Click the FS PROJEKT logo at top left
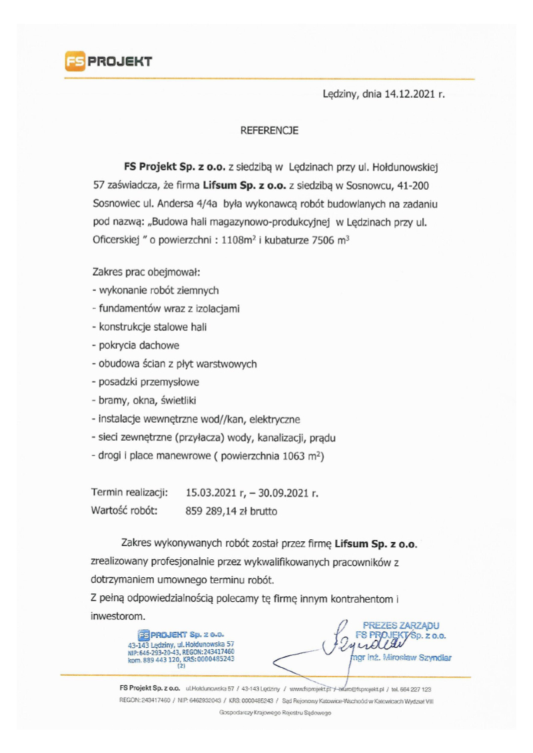click(109, 62)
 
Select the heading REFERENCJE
click(268, 131)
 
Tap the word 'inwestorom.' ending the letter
click(118, 616)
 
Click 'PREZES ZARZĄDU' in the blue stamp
click(400, 625)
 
